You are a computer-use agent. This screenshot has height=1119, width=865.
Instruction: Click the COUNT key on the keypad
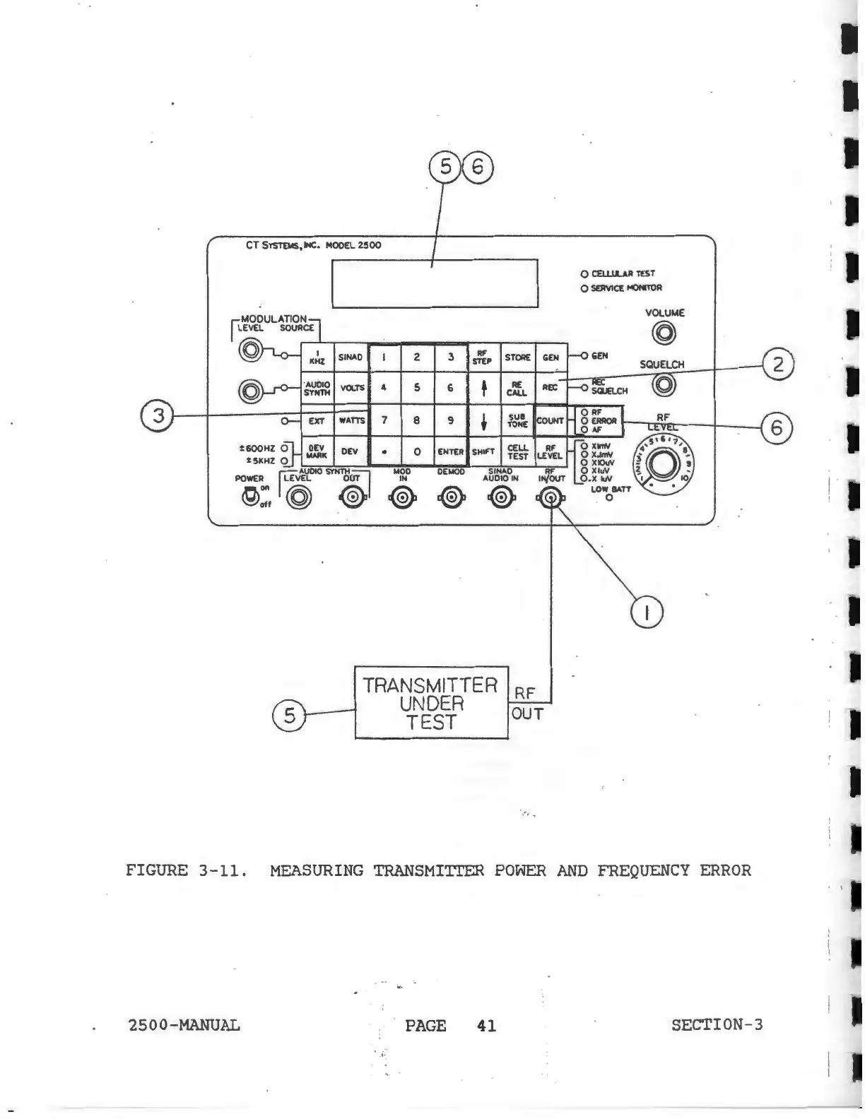pyautogui.click(x=551, y=420)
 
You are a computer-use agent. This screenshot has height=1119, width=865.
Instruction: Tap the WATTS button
pyautogui.click(x=351, y=420)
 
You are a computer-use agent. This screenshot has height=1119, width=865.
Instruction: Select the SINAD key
pyautogui.click(x=351, y=357)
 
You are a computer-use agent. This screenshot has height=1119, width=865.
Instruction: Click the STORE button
pyautogui.click(x=517, y=357)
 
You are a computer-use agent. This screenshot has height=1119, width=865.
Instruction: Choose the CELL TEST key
pyautogui.click(x=517, y=452)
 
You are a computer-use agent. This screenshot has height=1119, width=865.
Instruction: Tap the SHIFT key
pyautogui.click(x=483, y=452)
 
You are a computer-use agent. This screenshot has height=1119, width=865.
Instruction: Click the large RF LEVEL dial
pyautogui.click(x=664, y=463)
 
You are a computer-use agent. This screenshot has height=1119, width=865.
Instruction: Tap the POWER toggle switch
pyautogui.click(x=249, y=497)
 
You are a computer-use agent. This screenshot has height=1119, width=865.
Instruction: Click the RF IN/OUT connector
pyautogui.click(x=551, y=499)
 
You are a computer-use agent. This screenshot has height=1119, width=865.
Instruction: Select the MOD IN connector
pyautogui.click(x=401, y=499)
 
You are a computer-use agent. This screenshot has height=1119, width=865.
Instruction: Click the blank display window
pyautogui.click(x=435, y=283)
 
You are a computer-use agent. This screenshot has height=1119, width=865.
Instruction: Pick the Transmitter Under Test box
pyautogui.click(x=431, y=703)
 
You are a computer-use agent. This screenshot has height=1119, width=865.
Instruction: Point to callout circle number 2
pyautogui.click(x=778, y=365)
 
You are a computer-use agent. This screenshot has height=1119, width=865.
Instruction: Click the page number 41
pyautogui.click(x=486, y=1025)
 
